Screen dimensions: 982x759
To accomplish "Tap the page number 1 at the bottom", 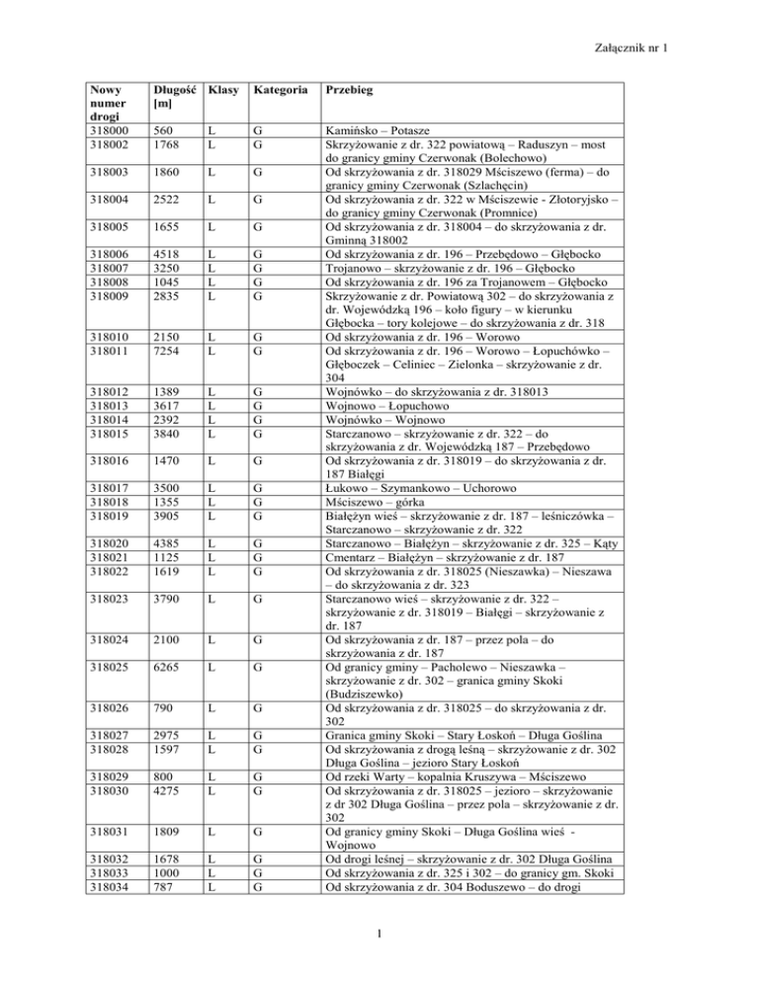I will point(379,956).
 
